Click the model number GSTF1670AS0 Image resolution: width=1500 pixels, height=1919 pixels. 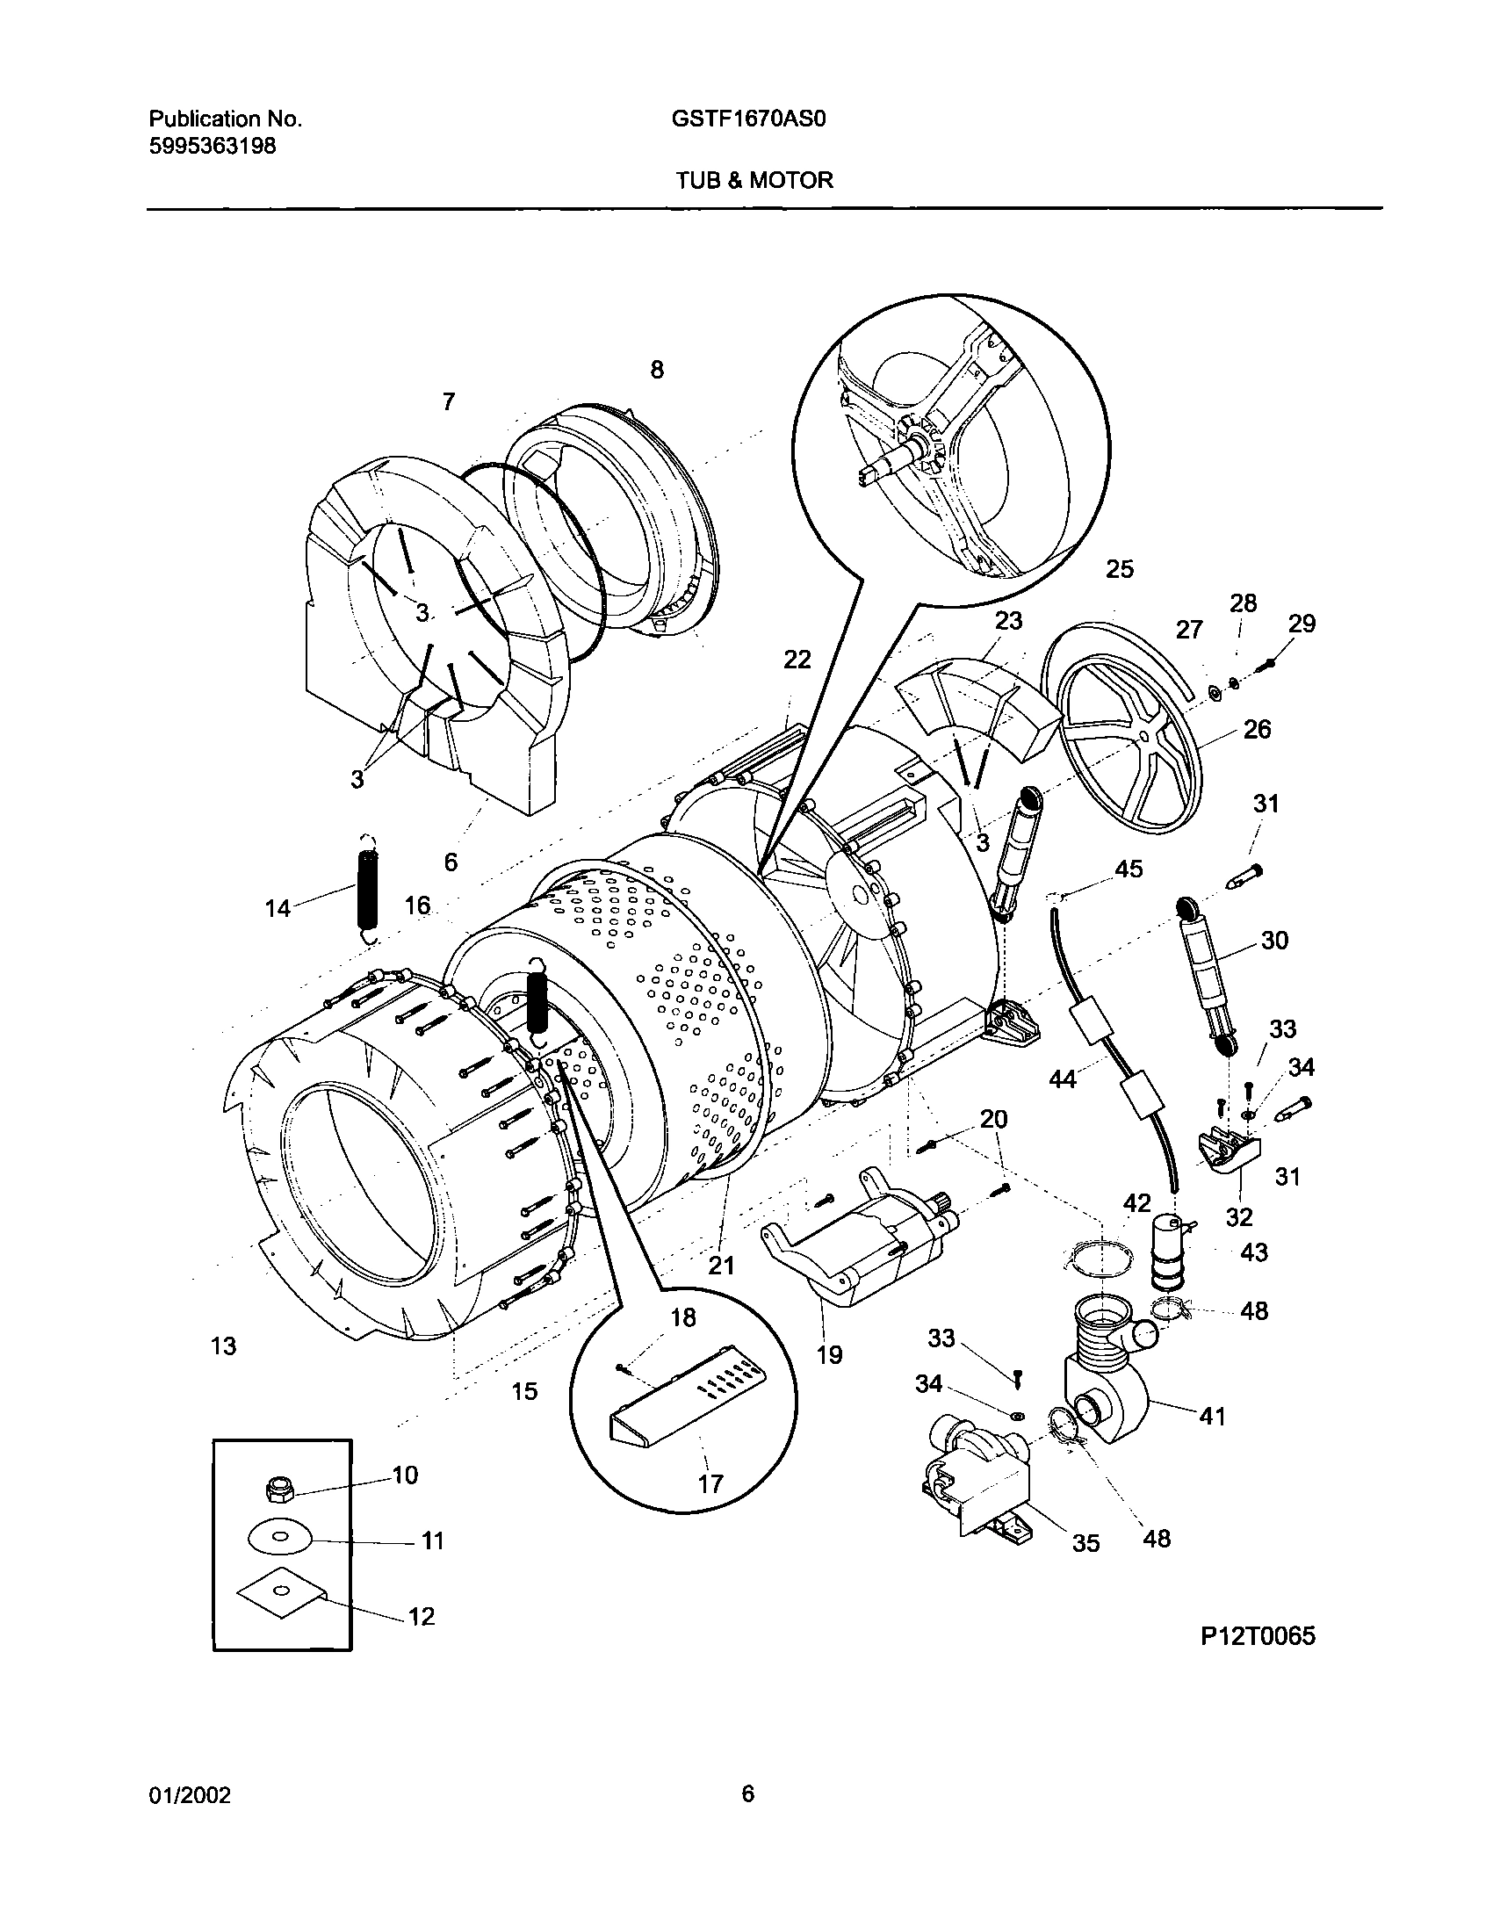(749, 119)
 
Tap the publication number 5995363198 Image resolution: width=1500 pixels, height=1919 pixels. (212, 146)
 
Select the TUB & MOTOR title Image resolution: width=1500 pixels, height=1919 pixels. (754, 180)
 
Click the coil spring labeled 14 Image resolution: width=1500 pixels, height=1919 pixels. (368, 889)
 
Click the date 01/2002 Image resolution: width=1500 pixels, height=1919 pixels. (190, 1795)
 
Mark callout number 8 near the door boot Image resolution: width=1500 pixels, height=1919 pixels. (656, 370)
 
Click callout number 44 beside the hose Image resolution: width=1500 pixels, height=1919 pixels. (1063, 1079)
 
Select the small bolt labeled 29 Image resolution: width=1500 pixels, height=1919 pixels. (1266, 666)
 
